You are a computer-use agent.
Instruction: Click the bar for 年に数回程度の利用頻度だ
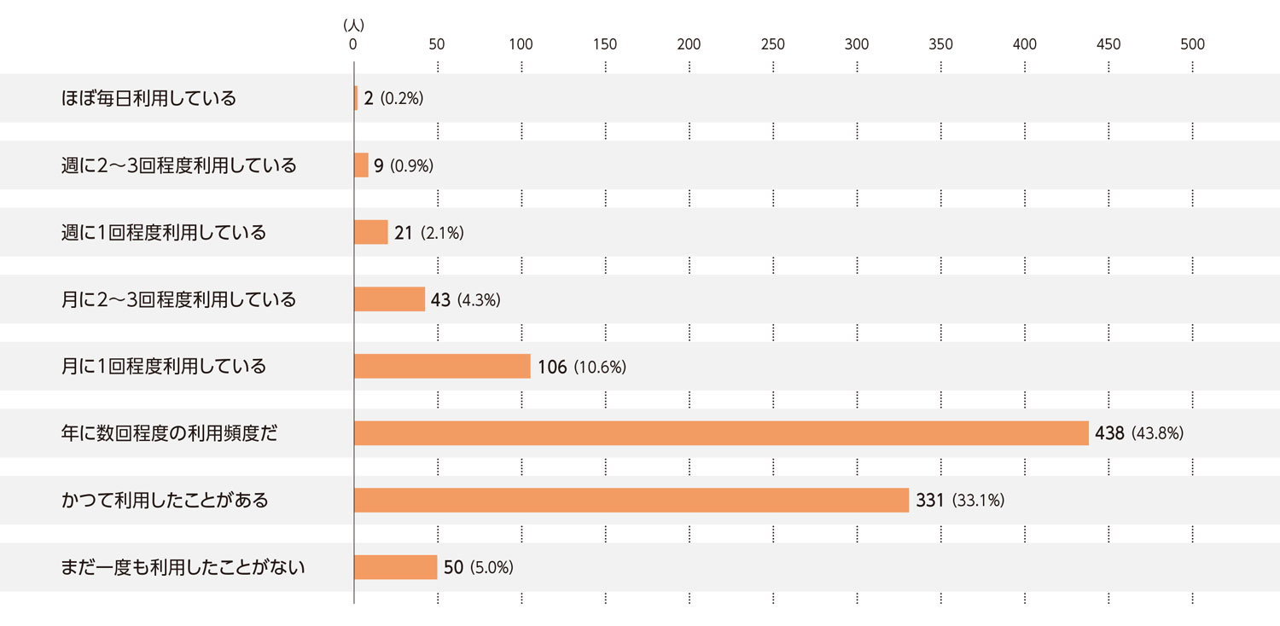(x=721, y=433)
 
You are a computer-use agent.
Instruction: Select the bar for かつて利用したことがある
(x=631, y=500)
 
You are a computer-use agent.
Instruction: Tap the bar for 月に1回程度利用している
(x=442, y=367)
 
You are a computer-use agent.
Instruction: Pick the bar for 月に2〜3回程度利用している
(x=389, y=299)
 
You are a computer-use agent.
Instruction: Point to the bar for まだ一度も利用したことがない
(x=395, y=567)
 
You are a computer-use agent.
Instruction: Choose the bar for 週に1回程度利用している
(x=371, y=232)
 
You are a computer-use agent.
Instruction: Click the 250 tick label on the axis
(x=772, y=44)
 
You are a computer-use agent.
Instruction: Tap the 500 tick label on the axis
(x=1192, y=44)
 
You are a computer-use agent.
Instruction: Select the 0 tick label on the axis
(x=353, y=44)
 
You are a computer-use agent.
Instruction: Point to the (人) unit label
(x=353, y=26)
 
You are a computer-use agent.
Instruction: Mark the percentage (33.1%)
(x=978, y=501)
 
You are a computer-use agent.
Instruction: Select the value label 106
(x=552, y=367)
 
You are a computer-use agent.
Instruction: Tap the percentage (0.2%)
(x=402, y=99)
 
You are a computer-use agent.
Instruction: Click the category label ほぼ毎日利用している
(x=148, y=98)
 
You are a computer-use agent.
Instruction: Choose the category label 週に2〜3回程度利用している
(x=179, y=165)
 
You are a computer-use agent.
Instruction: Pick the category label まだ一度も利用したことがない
(x=183, y=567)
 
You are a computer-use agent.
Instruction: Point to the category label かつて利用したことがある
(x=165, y=500)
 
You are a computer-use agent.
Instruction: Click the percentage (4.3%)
(x=479, y=300)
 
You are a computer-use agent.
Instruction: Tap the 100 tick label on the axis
(x=521, y=44)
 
